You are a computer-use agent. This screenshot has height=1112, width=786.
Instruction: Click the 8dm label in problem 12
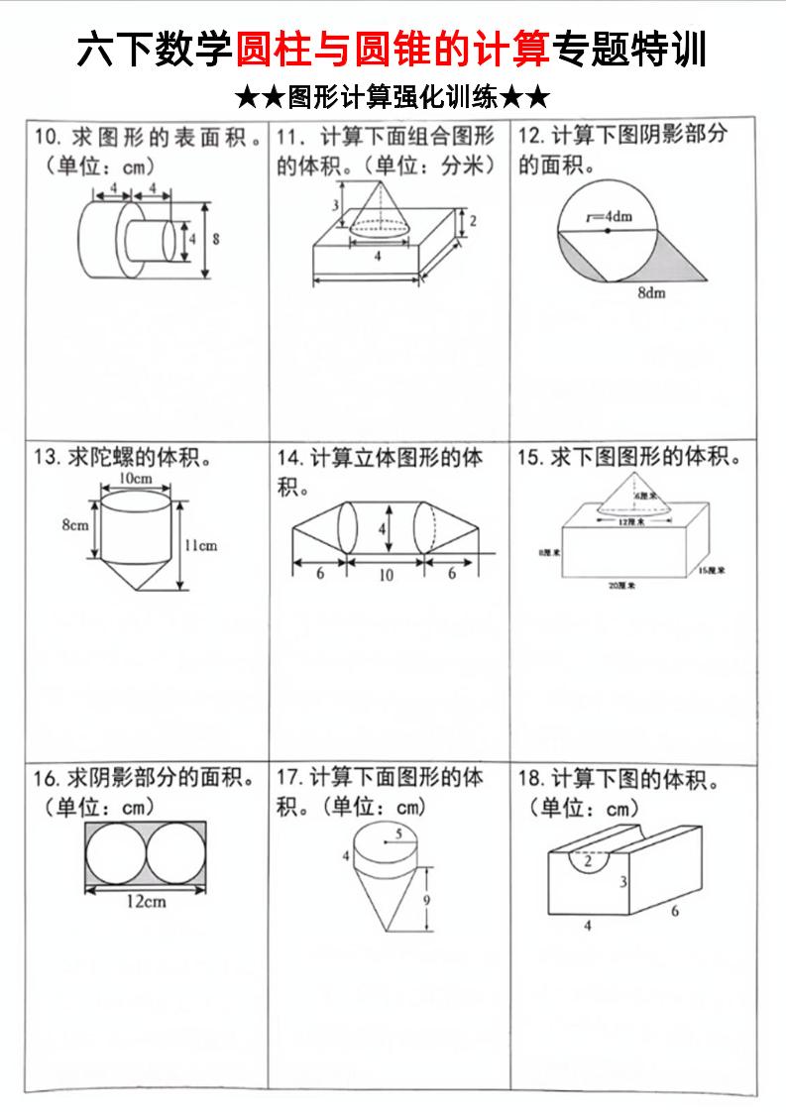tap(652, 293)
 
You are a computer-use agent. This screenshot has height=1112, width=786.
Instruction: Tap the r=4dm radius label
tap(608, 215)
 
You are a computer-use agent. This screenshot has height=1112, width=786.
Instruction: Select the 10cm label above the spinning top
tap(135, 478)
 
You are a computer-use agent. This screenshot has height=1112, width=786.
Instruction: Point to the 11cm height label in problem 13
tap(201, 545)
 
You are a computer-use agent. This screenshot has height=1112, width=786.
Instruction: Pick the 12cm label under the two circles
tap(146, 901)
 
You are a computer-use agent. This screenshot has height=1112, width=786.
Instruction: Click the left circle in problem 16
tap(115, 854)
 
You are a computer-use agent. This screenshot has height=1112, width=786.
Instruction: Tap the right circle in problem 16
tap(177, 854)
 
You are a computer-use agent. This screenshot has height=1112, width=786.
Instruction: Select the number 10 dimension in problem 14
tap(386, 574)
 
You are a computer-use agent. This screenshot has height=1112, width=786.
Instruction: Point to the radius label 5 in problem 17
tap(398, 834)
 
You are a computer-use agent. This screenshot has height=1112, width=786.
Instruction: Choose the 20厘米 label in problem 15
tap(622, 587)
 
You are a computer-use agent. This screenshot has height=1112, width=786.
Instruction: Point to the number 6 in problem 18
tap(675, 911)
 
